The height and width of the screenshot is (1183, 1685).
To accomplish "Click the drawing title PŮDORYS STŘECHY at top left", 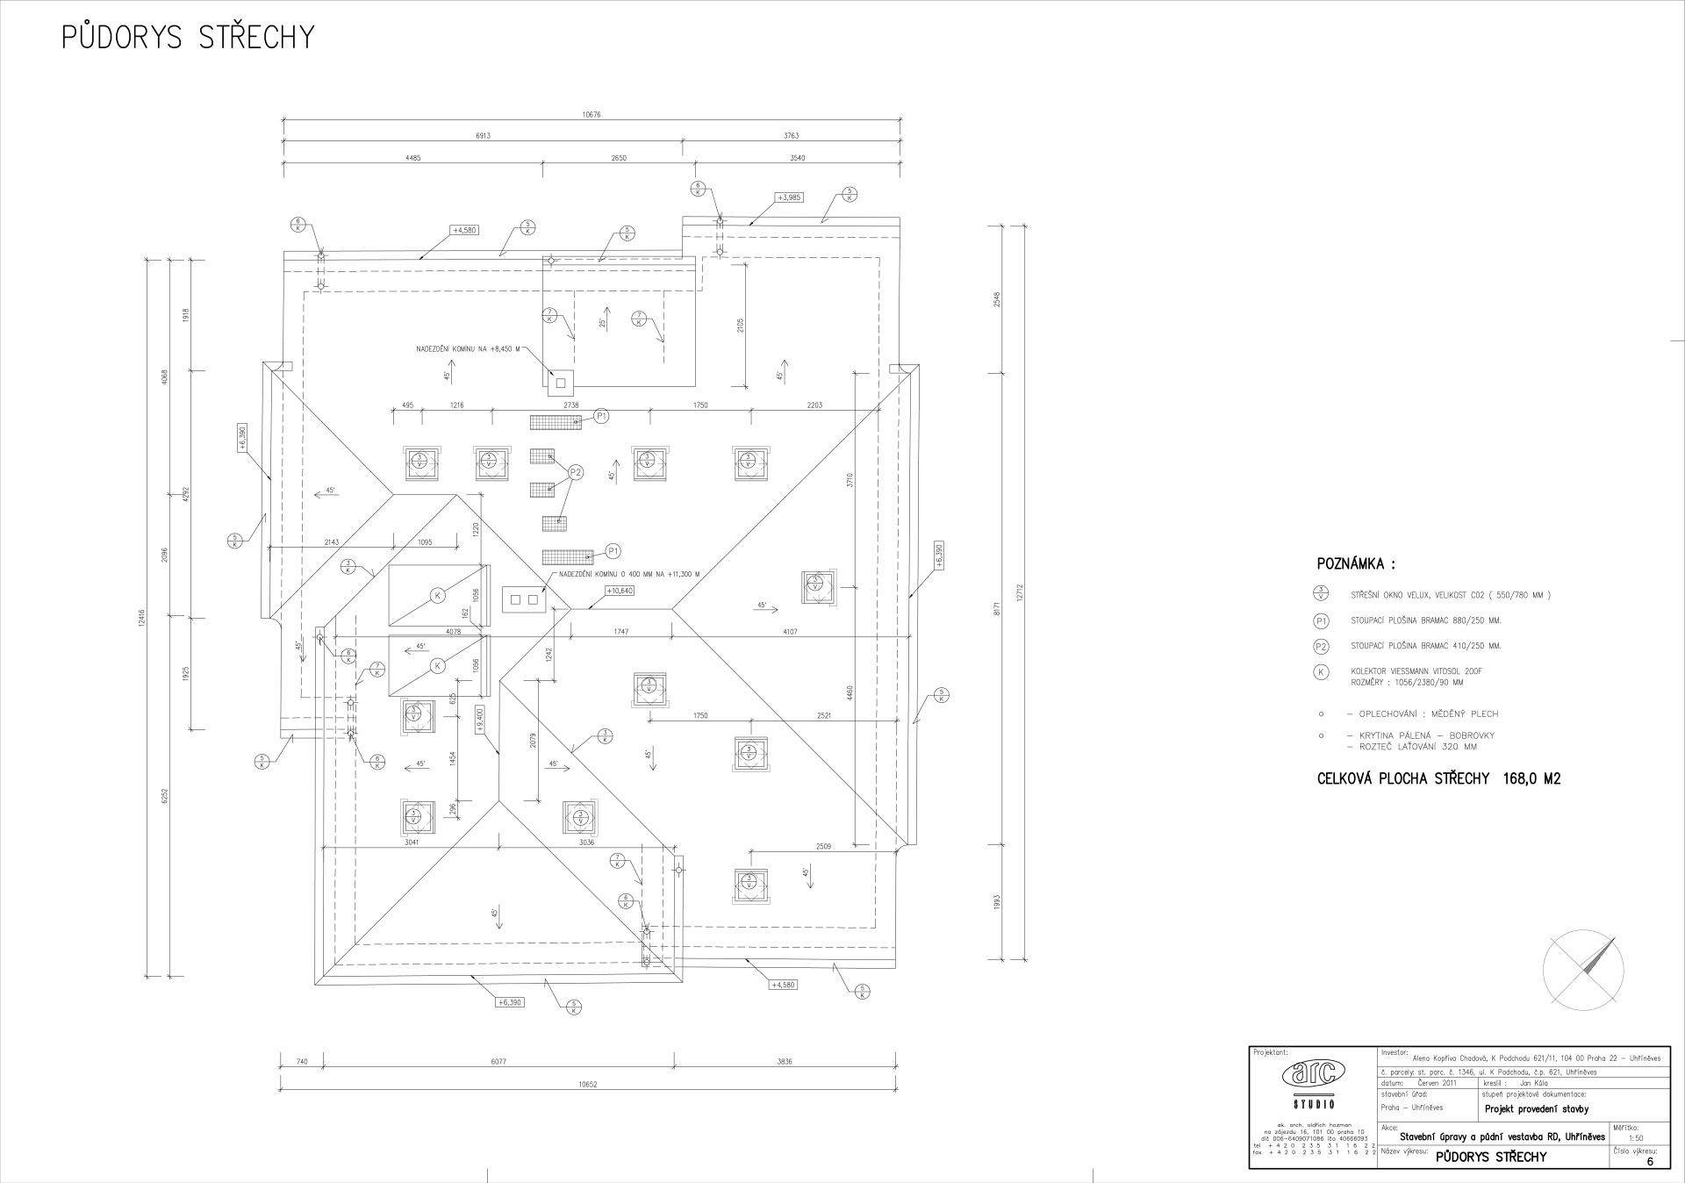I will coord(188,38).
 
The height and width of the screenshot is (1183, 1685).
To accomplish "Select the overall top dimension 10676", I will coord(592,115).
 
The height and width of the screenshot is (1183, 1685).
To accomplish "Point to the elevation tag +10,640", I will coord(620,591).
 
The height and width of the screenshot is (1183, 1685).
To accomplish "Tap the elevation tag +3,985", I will coord(789,197).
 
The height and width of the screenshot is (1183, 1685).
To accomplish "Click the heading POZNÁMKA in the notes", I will coord(1355,563).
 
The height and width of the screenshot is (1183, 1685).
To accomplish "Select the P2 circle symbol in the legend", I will coord(1321,646).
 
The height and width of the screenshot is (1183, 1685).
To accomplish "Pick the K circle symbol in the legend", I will coord(1321,672).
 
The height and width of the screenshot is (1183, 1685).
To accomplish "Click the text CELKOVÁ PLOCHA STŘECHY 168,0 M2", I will coord(1438,778).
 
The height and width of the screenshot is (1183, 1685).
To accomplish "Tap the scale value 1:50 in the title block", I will coord(1635,1137).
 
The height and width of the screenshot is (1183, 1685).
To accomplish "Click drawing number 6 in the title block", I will coord(1650,1162).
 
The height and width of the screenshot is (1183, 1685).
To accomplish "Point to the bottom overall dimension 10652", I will coord(588,1085).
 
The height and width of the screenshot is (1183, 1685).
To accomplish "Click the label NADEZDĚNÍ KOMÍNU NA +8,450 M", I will coord(468,349).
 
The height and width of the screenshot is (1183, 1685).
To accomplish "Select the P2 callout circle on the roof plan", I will coord(576,472).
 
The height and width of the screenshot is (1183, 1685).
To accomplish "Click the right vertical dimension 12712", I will coord(1021,593).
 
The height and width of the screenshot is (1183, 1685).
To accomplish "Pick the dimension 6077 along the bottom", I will coord(498,1062).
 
